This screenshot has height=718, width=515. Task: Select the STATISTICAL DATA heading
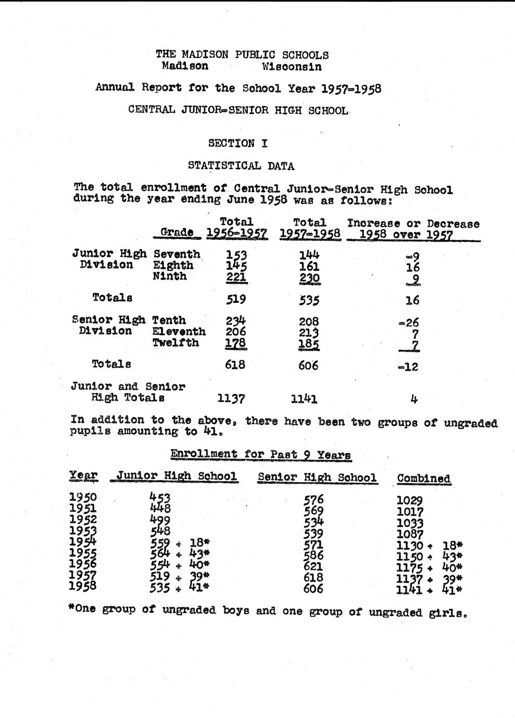click(x=241, y=166)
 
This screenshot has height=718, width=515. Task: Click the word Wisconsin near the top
click(x=292, y=67)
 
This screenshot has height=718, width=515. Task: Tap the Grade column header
click(x=177, y=232)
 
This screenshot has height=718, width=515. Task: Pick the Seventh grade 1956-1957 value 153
click(x=236, y=255)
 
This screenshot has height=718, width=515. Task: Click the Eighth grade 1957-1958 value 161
click(x=309, y=267)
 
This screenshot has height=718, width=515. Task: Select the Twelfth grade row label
click(x=175, y=343)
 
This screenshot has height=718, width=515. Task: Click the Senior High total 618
click(x=235, y=364)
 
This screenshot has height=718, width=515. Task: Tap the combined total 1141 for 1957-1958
click(x=304, y=399)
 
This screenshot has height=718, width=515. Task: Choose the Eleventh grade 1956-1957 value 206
click(x=235, y=332)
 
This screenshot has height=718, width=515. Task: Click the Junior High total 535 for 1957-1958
click(x=309, y=300)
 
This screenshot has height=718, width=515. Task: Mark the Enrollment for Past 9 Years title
click(x=260, y=455)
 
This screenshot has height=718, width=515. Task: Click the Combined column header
click(x=423, y=478)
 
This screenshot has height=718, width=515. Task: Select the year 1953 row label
click(x=83, y=531)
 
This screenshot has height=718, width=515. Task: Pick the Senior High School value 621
click(x=313, y=566)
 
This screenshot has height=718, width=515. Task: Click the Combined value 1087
click(x=410, y=534)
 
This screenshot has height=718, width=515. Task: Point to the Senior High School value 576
click(x=313, y=500)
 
